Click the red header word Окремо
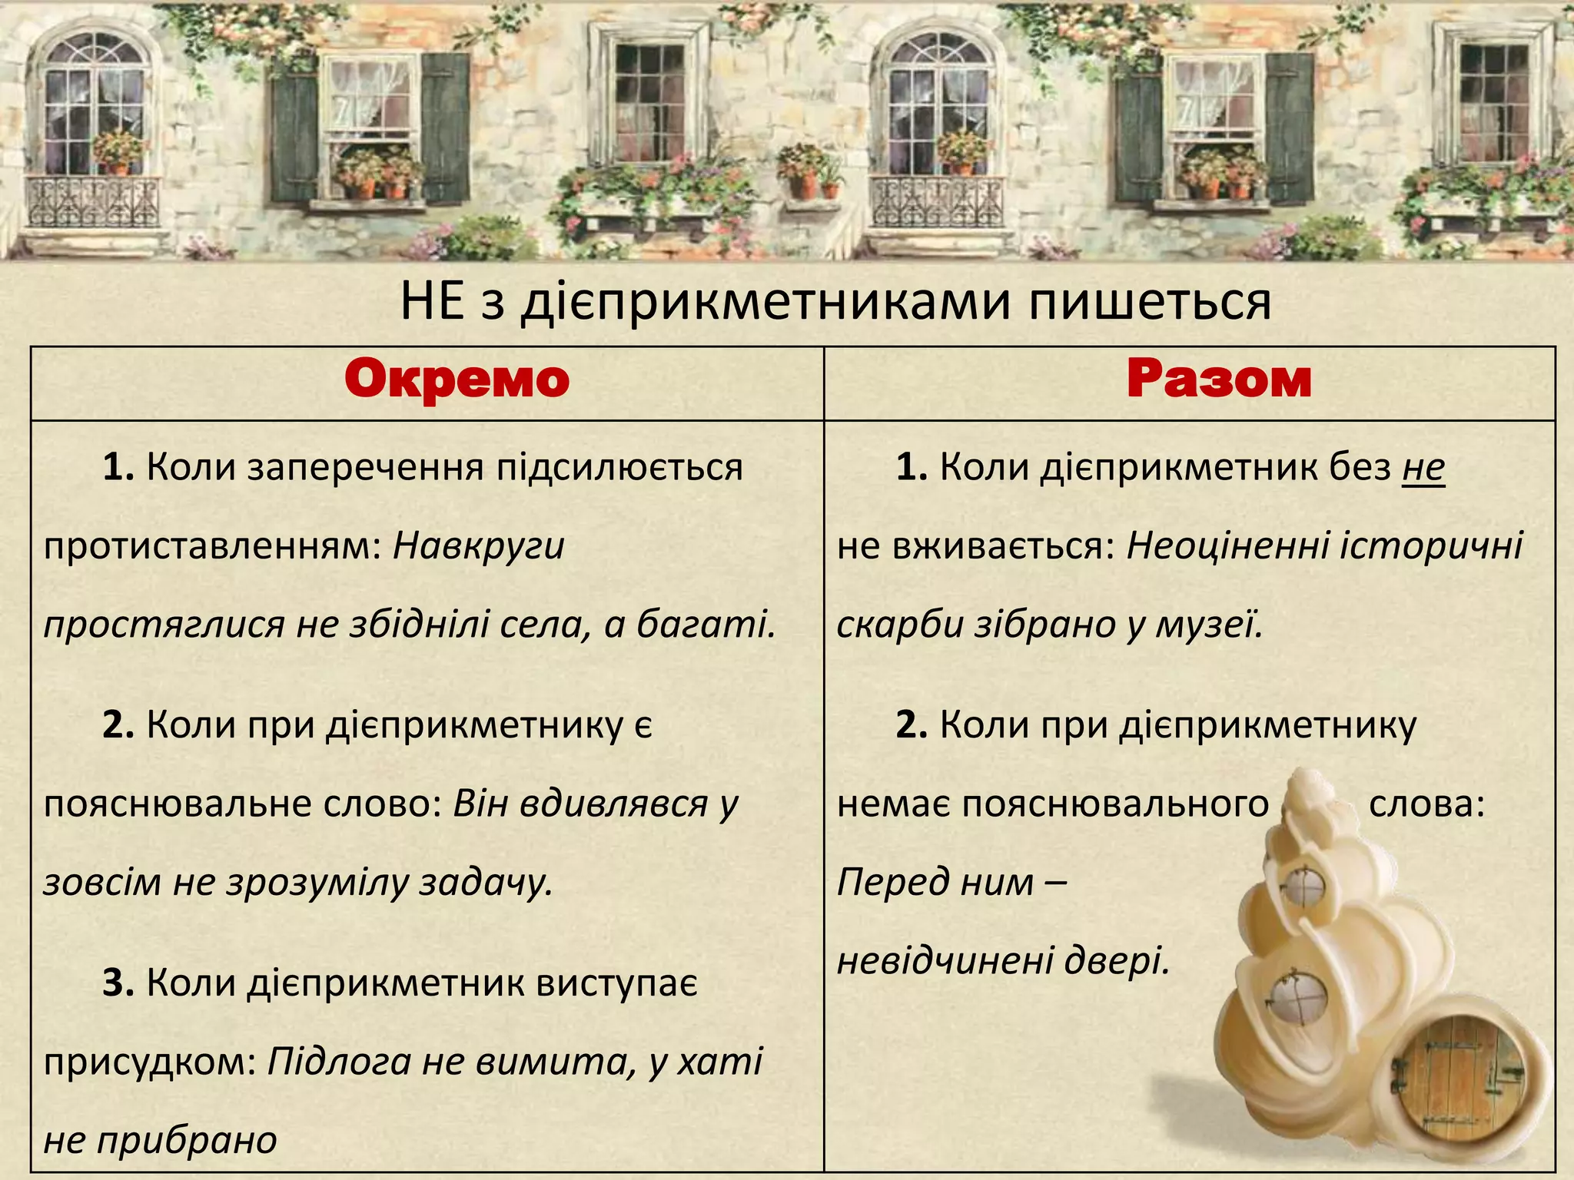tap(457, 380)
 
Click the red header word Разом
tap(1219, 380)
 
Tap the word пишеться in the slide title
tap(1150, 302)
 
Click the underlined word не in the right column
tap(1423, 467)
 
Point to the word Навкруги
tap(479, 546)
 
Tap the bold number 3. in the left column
tap(118, 983)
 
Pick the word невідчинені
tap(945, 960)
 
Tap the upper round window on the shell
tap(1305, 886)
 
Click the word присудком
tap(150, 1062)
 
